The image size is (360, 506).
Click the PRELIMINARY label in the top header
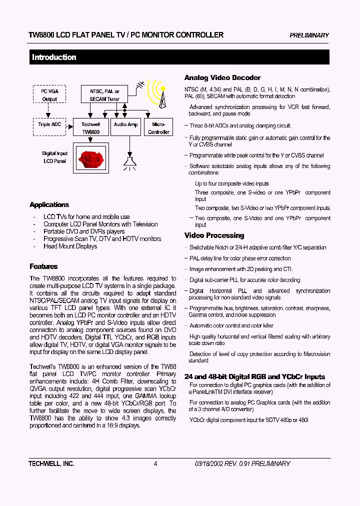click(309, 35)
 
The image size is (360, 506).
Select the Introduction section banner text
click(54, 57)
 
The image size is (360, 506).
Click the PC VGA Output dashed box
click(49, 95)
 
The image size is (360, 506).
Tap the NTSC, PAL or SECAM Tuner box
click(104, 95)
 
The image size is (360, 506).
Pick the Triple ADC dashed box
click(49, 124)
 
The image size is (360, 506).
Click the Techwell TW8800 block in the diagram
click(90, 128)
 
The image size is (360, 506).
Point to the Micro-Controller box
click(158, 128)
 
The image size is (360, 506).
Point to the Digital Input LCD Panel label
click(54, 157)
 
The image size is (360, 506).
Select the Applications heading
click(49, 205)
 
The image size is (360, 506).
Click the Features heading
click(43, 266)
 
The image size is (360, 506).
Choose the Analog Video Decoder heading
click(222, 78)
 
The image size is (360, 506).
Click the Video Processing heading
click(214, 235)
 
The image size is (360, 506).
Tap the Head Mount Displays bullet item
click(70, 246)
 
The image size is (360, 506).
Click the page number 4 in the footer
click(155, 463)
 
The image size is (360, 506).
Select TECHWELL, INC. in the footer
click(51, 463)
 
